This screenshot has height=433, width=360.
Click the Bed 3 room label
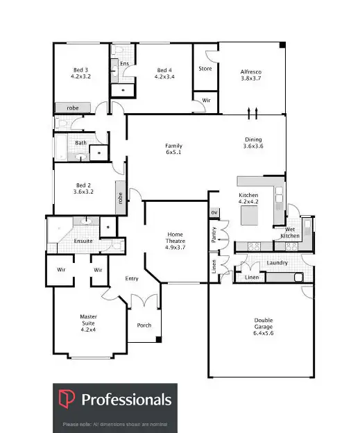(80, 73)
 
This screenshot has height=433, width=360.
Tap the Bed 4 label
(164, 73)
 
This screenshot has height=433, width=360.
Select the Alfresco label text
(250, 75)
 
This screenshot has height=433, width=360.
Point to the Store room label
(205, 69)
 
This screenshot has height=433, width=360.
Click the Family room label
(173, 148)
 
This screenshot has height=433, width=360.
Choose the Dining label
(253, 142)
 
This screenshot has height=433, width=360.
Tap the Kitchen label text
(248, 199)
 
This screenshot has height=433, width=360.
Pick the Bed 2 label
(83, 187)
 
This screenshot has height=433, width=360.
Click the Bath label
(81, 143)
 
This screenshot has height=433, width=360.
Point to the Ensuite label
(83, 241)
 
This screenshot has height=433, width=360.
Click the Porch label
(144, 325)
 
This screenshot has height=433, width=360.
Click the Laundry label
(277, 263)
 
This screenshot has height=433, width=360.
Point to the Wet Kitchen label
(289, 232)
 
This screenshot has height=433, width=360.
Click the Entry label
(132, 279)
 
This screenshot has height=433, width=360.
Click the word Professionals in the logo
(126, 400)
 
